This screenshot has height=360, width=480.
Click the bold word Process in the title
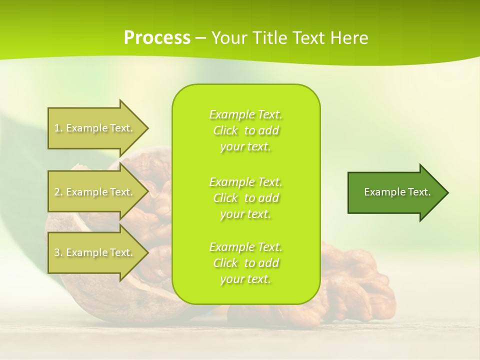(157, 37)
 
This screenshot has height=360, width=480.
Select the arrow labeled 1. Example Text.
(95, 128)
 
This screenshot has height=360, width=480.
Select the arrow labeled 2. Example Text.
(95, 192)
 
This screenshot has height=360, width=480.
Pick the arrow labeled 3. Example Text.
(95, 252)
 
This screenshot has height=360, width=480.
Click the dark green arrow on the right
(395, 192)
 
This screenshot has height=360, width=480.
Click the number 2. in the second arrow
(58, 192)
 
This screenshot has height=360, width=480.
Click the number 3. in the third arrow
(58, 252)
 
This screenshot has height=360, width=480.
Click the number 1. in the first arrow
(58, 128)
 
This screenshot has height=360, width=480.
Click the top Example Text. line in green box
(245, 115)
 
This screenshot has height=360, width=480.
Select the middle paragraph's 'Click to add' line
(245, 198)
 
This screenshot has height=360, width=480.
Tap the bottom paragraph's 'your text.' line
(245, 279)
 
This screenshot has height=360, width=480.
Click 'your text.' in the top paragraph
(245, 147)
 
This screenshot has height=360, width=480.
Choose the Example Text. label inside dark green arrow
(397, 192)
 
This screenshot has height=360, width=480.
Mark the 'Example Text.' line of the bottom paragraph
(245, 247)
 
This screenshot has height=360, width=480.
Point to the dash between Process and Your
(200, 38)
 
